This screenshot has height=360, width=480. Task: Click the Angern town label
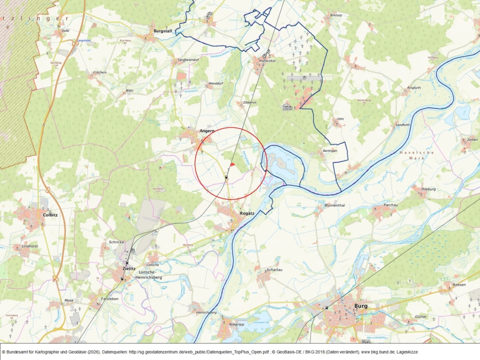(x=206, y=131)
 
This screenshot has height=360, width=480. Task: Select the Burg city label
(x=361, y=306)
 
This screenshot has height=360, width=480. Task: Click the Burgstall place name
(x=163, y=31)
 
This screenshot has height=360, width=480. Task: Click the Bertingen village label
(x=330, y=151)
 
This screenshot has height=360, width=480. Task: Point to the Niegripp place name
(x=236, y=324)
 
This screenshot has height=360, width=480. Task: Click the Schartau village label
(x=273, y=270)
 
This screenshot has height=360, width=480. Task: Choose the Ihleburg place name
(x=428, y=189)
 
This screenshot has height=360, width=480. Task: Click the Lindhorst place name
(x=29, y=246)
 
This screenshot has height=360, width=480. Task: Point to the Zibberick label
(x=250, y=102)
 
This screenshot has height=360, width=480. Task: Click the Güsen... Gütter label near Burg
(x=421, y=317)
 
